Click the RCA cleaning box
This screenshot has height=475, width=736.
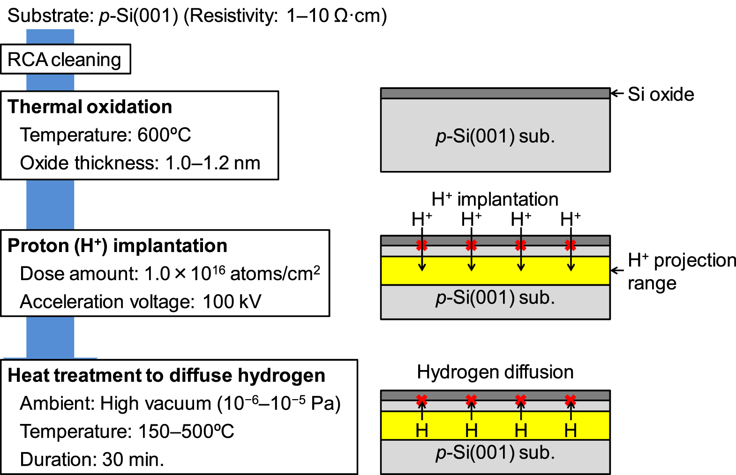click(65, 59)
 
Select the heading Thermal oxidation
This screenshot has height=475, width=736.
click(90, 107)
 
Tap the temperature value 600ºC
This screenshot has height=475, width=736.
click(164, 135)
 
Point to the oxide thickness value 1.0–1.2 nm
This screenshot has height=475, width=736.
click(212, 163)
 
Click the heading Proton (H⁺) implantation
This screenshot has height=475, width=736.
click(117, 246)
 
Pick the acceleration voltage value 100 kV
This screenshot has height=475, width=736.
click(232, 302)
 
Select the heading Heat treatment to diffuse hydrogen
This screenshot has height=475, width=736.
click(166, 376)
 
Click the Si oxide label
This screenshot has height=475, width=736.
click(661, 94)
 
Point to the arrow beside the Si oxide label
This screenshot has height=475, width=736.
click(617, 94)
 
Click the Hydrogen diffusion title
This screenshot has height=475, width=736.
click(495, 372)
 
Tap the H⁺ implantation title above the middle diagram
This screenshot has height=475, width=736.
click(495, 200)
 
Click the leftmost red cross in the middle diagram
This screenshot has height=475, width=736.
click(422, 245)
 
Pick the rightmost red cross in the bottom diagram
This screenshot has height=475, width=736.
click(571, 400)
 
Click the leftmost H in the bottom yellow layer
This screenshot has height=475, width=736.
click(422, 430)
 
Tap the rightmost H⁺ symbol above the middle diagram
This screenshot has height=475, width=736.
click(571, 219)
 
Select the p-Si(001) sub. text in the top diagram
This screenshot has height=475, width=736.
click(495, 136)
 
